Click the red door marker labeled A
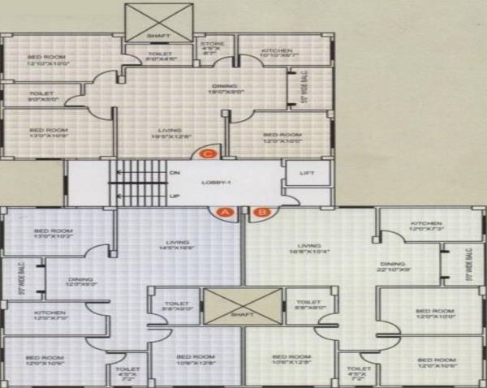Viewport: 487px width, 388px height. click(224, 213)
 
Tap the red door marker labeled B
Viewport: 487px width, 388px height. click(261, 213)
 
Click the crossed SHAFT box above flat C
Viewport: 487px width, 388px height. click(159, 22)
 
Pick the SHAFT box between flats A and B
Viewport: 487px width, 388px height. click(243, 308)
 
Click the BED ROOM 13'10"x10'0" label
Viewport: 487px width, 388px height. click(46, 60)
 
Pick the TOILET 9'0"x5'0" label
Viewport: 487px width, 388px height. click(41, 97)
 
